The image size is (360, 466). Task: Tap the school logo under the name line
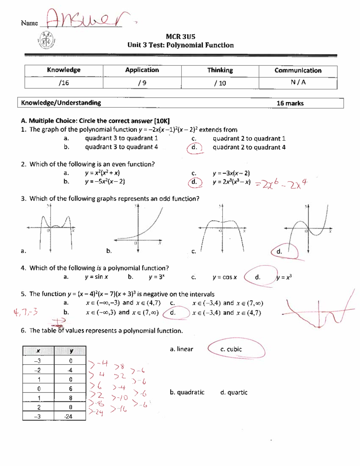click(47, 40)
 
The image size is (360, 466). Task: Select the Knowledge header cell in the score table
click(64, 70)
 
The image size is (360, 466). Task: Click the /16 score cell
click(64, 83)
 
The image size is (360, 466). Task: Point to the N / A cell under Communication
click(298, 82)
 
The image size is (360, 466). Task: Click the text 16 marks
click(290, 103)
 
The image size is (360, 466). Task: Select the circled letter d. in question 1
click(194, 147)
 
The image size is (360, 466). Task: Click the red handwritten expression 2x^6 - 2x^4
click(281, 184)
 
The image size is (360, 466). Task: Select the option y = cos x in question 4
click(224, 277)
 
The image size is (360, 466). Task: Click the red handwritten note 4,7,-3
click(25, 312)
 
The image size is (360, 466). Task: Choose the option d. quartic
click(234, 392)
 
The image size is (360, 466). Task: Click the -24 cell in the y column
click(69, 416)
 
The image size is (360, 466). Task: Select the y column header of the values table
click(71, 351)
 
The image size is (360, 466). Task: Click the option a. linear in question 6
click(181, 349)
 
